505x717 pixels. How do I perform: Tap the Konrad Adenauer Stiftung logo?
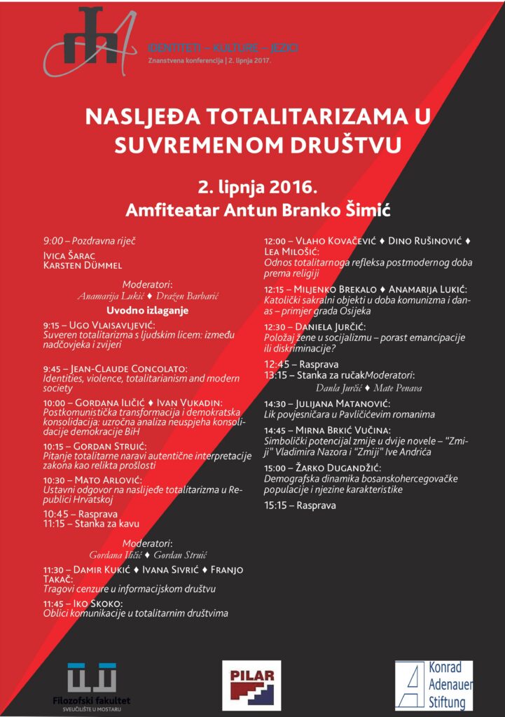434,685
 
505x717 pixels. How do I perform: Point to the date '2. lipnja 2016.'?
257,188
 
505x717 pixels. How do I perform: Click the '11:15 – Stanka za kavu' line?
91,524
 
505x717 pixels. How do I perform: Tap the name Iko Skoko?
97,603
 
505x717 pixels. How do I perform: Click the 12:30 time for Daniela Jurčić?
275,327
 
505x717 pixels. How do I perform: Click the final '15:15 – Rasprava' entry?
300,505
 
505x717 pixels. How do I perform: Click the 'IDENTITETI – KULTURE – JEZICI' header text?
223,48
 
